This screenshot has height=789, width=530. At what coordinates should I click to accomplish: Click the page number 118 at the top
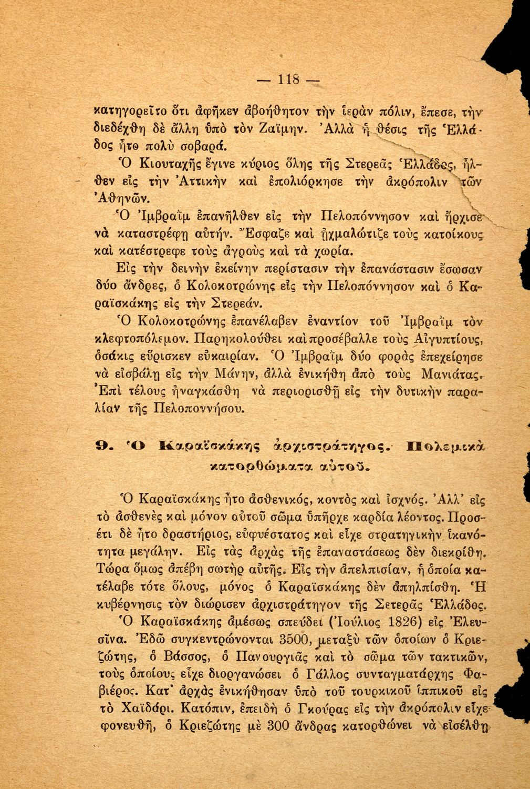coord(288,80)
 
